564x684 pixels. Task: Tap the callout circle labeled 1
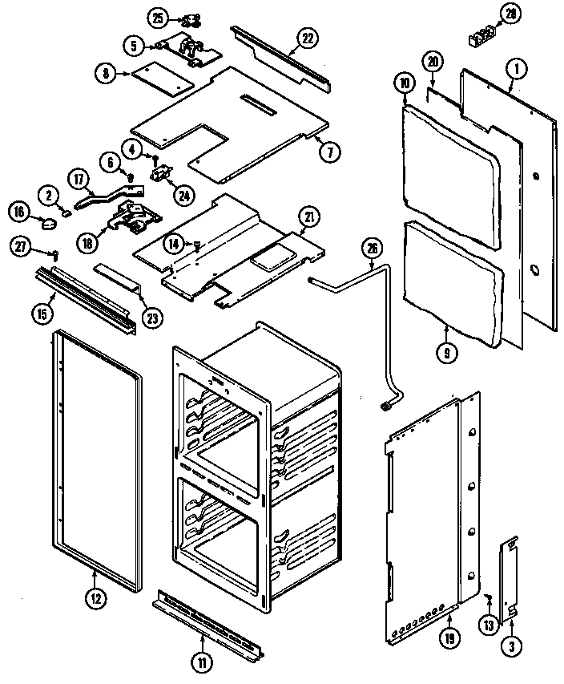517,70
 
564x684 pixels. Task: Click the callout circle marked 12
95,596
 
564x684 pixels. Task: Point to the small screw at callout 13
487,594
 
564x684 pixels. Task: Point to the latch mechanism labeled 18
132,218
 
